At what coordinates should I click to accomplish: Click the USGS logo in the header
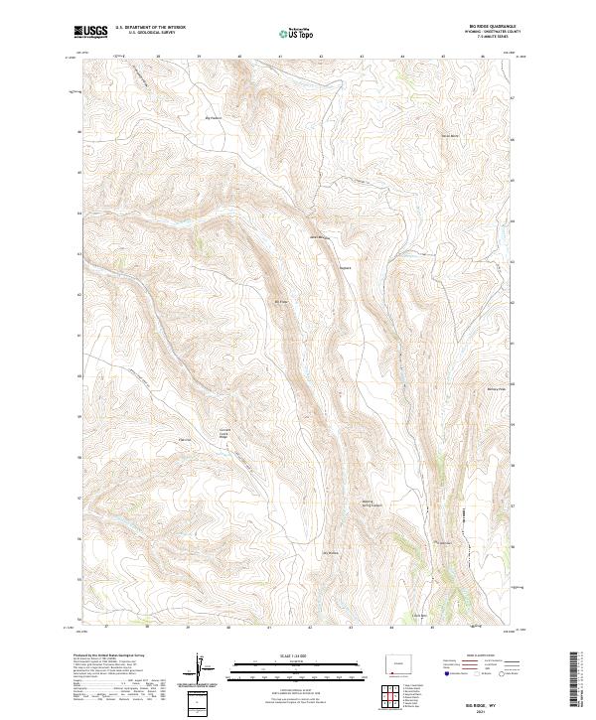(90, 33)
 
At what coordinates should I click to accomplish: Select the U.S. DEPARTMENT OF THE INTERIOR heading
(150, 28)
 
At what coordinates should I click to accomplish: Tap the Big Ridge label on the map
(281, 302)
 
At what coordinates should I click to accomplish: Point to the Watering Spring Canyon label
(370, 504)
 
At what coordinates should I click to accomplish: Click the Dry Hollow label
(331, 552)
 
